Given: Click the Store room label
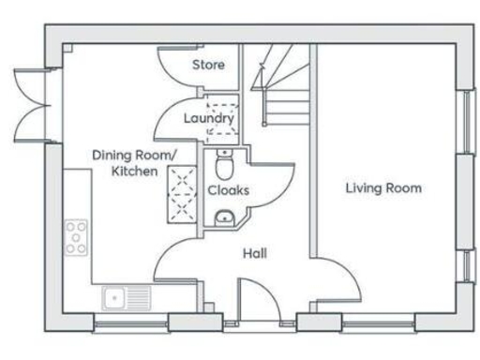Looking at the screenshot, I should tap(207, 66).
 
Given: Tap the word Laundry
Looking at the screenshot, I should tap(206, 119).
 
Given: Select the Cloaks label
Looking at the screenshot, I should tap(228, 189).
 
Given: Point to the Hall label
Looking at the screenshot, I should tap(254, 252).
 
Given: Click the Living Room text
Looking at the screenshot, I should tap(383, 188).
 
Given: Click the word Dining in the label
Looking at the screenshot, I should tap(112, 155).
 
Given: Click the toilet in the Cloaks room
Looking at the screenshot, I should tap(223, 167).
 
